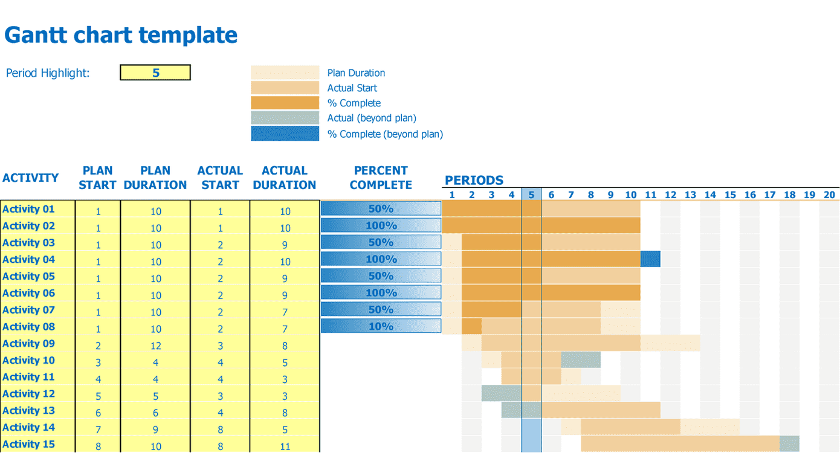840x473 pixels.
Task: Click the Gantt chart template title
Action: click(121, 35)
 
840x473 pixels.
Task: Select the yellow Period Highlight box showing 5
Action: click(155, 73)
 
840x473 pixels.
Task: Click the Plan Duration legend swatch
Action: click(285, 73)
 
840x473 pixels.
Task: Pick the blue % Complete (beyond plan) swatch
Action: click(285, 134)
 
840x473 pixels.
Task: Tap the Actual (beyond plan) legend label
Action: click(372, 118)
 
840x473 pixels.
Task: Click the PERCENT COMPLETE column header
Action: click(381, 178)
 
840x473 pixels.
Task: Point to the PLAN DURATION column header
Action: click(155, 178)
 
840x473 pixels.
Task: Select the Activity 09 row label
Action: click(28, 344)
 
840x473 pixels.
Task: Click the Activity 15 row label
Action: click(28, 445)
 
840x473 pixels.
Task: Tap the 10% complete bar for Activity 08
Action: click(381, 326)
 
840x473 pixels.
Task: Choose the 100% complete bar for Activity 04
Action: click(381, 259)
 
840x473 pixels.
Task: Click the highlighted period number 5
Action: click(531, 195)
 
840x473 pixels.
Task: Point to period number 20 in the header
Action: click(829, 195)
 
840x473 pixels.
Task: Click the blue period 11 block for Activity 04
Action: click(650, 259)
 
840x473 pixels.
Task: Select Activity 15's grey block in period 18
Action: click(789, 444)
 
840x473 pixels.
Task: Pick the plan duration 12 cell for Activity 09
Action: click(155, 346)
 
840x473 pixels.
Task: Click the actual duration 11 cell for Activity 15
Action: click(285, 446)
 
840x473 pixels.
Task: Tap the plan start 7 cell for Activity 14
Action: click(98, 430)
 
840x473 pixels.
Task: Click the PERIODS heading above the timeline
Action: click(474, 180)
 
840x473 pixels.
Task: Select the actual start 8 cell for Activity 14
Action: click(220, 430)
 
